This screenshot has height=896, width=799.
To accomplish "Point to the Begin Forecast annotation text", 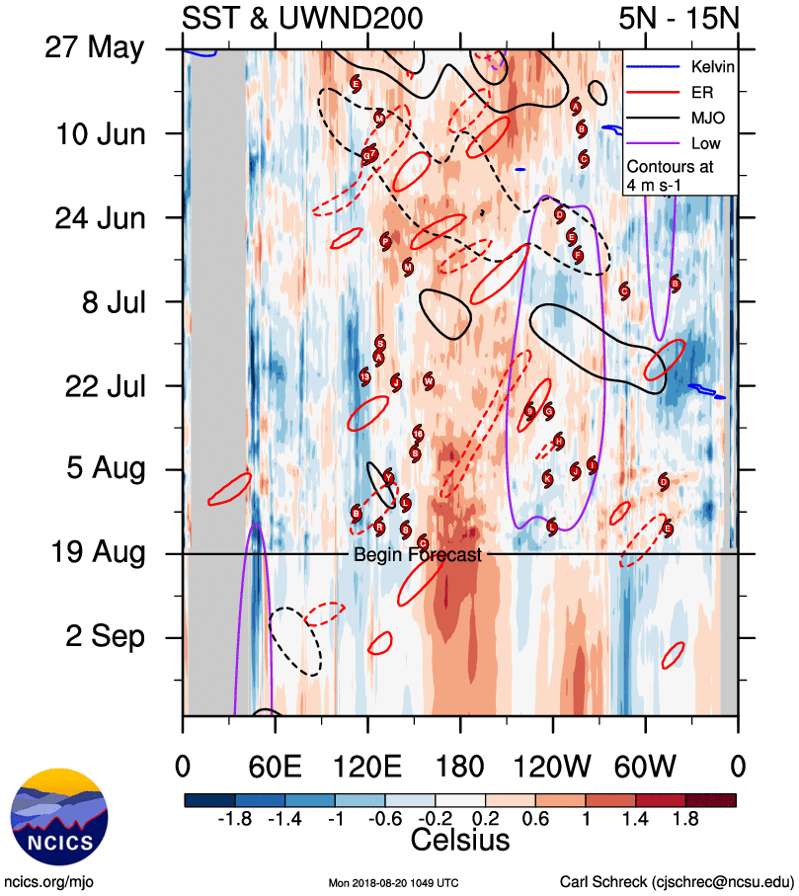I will (418, 555).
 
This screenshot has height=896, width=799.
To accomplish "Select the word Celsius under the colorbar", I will (460, 842).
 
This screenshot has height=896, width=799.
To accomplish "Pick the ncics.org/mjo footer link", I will (48, 881).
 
